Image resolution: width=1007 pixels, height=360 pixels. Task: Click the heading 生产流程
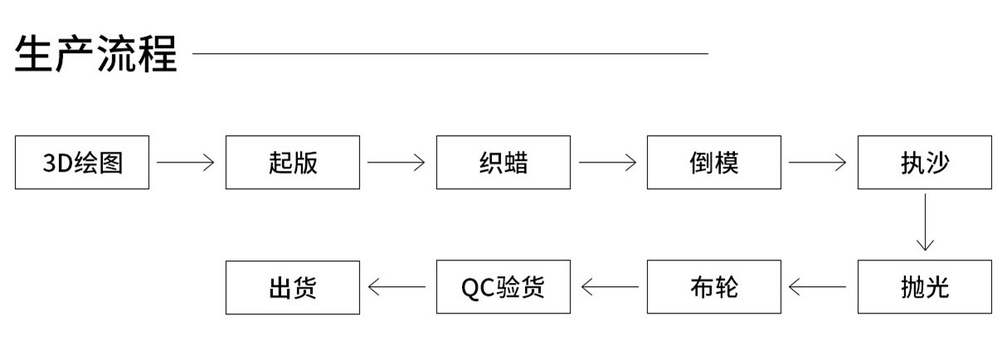[95, 54]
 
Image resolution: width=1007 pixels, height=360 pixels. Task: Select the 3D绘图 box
[82, 163]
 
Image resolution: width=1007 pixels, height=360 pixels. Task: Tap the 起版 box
[293, 163]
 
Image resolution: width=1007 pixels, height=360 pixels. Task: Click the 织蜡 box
[503, 163]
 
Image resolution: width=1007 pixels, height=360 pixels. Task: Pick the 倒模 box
[714, 163]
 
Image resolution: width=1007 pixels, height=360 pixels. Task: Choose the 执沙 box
[924, 163]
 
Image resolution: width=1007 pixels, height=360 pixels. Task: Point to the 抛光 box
[924, 287]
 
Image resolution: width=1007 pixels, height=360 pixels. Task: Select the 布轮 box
[714, 287]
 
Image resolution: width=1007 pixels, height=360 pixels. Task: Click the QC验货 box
[503, 287]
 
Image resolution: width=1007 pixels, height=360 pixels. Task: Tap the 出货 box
[293, 287]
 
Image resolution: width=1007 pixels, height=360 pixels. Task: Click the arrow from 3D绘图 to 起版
[186, 163]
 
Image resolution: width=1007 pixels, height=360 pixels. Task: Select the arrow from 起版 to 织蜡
[396, 163]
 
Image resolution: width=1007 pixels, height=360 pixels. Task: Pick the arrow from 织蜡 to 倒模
[608, 163]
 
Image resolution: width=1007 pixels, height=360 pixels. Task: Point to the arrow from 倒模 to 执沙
[818, 163]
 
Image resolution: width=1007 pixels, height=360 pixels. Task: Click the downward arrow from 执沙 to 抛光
[924, 223]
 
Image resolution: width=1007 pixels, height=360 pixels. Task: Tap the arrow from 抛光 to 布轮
[818, 287]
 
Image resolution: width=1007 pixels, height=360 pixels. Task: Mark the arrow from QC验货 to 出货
[396, 287]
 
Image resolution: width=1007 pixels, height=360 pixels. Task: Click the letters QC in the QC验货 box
[478, 288]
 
